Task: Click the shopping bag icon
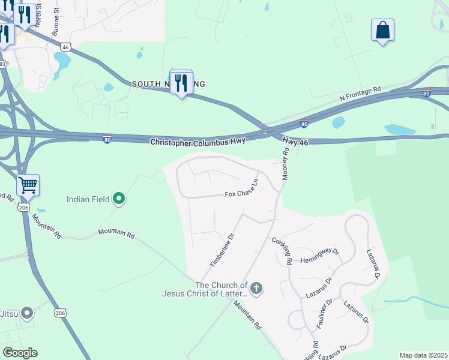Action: (x=382, y=30)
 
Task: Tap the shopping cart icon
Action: (x=28, y=185)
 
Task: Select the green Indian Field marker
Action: (x=119, y=198)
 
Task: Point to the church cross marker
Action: (x=256, y=289)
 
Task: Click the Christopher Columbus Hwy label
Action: (x=197, y=142)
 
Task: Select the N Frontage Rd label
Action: (x=360, y=93)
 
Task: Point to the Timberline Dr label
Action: (x=221, y=251)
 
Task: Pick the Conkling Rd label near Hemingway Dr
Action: (x=282, y=251)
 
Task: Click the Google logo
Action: (x=20, y=353)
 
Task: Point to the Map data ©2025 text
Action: (x=423, y=355)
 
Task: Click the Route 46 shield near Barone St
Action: (x=66, y=47)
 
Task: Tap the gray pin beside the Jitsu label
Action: (x=26, y=313)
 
